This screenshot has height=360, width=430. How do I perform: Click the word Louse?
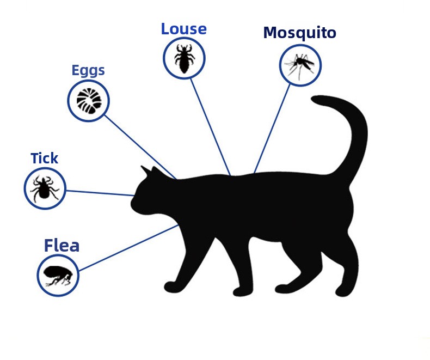184,29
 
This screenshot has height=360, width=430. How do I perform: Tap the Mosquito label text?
300,33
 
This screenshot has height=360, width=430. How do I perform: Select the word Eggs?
88,71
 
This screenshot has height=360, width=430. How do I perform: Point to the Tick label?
45,158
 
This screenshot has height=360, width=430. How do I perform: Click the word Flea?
62,245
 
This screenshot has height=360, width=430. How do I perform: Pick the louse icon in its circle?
185,59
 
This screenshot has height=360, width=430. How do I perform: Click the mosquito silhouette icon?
299,65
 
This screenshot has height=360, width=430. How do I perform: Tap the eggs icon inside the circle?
89,101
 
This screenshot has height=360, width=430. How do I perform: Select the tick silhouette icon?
45,188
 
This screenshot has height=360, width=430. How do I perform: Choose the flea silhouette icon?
58,276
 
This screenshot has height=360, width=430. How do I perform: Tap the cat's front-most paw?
171,286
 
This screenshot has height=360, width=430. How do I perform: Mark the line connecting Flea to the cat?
128,248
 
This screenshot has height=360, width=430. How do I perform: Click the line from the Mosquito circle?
272,129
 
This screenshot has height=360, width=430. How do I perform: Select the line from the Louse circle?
210,127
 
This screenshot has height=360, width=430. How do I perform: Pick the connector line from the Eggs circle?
140,147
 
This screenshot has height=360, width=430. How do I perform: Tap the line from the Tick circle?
100,193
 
